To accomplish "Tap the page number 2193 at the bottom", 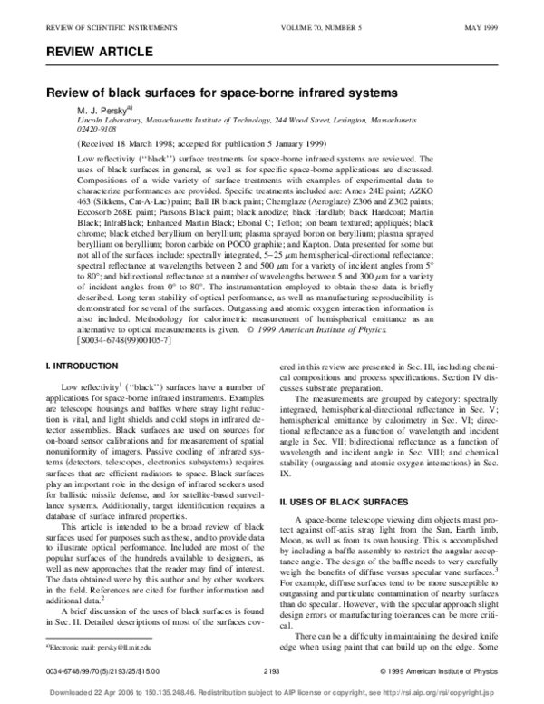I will tap(270, 672).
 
